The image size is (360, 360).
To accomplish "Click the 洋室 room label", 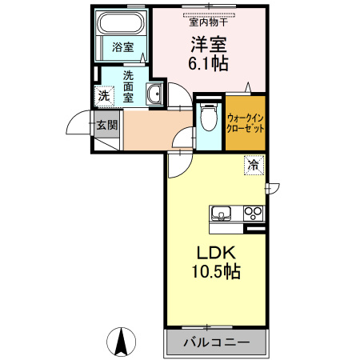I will pos(207,43).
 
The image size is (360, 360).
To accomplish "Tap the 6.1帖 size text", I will pos(207,62).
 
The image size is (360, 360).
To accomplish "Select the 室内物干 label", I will pos(207,22).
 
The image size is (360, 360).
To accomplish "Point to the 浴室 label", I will pos(122,47).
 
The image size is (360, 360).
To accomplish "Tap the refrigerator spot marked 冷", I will pos(253,166).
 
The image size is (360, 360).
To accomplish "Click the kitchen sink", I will pos(222,213).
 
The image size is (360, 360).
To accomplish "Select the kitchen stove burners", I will pos(254,213).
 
